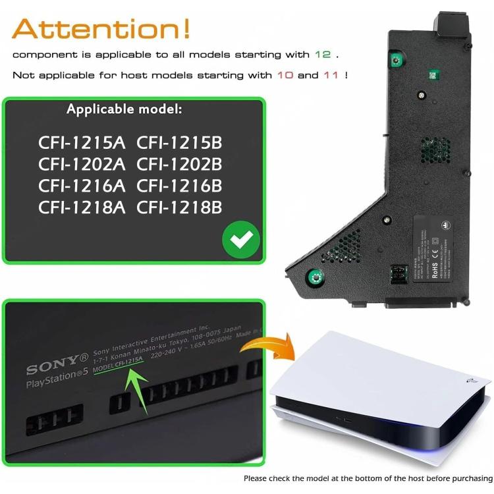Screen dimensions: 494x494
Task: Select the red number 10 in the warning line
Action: point(285,75)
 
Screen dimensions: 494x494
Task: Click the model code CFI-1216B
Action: point(180,186)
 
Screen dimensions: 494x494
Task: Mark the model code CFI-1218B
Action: point(180,207)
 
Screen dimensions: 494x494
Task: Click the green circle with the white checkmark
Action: point(240,240)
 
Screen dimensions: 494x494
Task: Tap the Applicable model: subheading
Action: point(124,109)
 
